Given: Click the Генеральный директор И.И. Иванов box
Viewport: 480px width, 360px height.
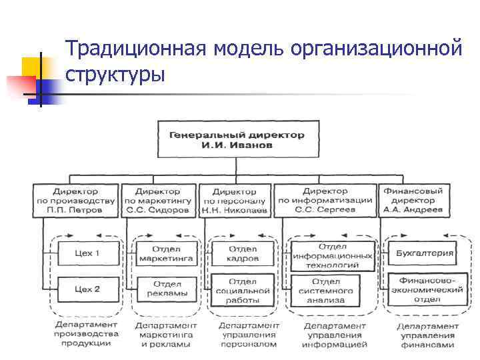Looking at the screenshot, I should (x=237, y=139).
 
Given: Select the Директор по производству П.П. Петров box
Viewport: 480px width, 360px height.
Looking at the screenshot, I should (x=75, y=200).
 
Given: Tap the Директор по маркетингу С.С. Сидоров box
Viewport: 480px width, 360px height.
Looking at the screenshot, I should (x=157, y=200).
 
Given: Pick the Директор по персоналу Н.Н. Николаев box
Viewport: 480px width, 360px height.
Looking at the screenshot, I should (x=234, y=200).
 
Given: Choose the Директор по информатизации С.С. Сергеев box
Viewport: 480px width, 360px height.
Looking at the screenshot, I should (x=325, y=200).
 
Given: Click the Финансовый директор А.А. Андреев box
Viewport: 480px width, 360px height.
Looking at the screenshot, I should (x=413, y=200).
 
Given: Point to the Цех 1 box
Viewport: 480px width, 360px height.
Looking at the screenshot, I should (x=87, y=253).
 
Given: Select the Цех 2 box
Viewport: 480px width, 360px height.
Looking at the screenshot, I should (x=87, y=289).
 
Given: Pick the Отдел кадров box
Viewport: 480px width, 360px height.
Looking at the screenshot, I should (x=243, y=253).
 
